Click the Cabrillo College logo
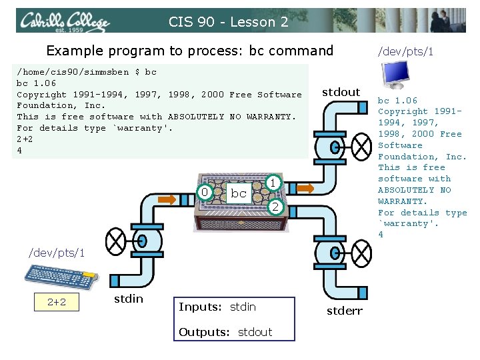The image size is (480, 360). tap(63, 21)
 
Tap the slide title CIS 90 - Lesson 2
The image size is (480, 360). tap(228, 22)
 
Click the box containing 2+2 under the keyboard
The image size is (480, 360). tap(57, 302)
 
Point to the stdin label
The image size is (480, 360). tap(128, 299)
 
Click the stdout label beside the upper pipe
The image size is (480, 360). tap(341, 92)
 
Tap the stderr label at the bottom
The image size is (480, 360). tap(344, 311)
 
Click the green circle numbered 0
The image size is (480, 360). tap(205, 193)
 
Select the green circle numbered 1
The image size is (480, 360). tap(273, 182)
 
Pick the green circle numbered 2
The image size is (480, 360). tap(273, 208)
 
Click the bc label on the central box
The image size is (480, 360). tap(238, 193)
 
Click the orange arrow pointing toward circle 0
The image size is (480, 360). tap(167, 199)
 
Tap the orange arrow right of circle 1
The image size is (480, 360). tap(305, 189)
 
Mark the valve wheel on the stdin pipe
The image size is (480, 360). tap(117, 238)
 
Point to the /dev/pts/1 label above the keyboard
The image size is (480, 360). tap(56, 253)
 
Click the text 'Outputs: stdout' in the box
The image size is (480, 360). tap(225, 331)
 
